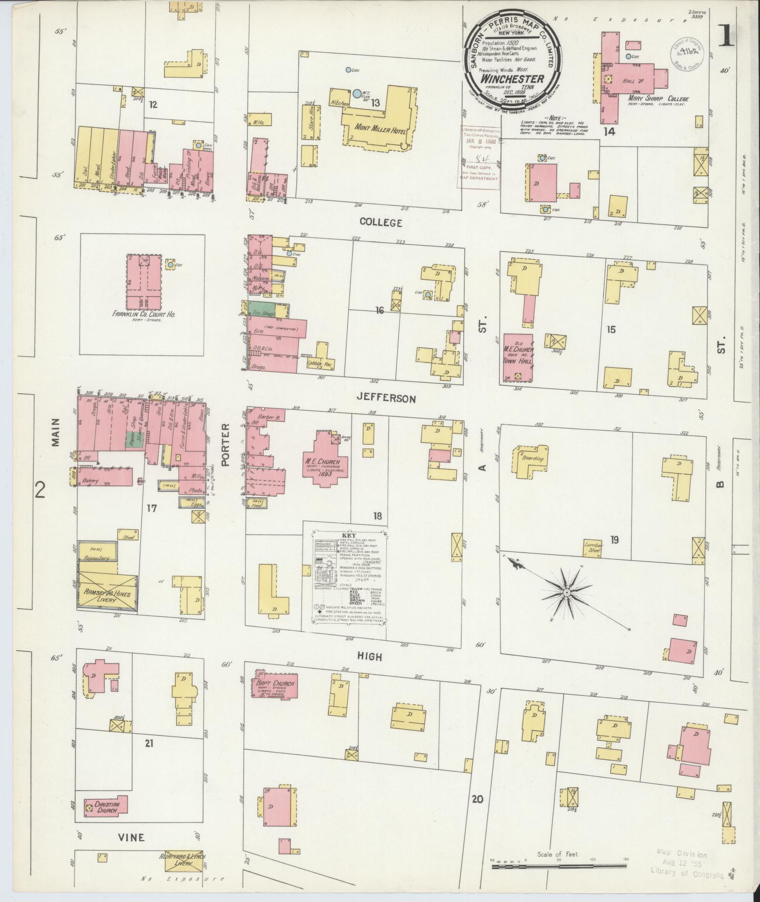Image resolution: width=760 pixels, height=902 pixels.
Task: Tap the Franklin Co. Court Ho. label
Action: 144,314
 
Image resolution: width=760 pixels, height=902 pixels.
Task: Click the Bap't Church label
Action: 276,684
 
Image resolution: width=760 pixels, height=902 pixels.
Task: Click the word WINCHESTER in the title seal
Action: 512,79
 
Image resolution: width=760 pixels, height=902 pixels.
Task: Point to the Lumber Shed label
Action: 593,545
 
